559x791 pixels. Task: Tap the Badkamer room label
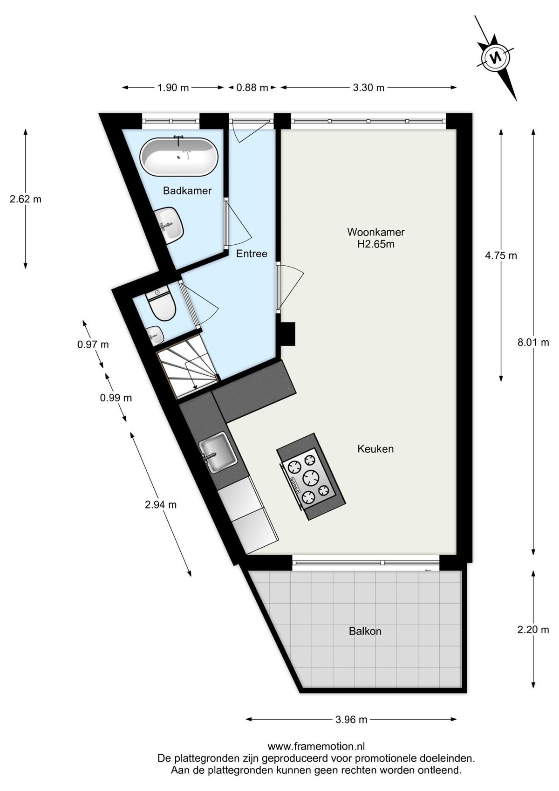(x=187, y=191)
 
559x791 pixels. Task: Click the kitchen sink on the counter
(x=217, y=453)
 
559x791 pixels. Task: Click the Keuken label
(x=375, y=449)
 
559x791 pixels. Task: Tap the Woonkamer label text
(x=376, y=232)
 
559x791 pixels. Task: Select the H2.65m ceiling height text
(x=376, y=244)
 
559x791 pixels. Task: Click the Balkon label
(x=365, y=632)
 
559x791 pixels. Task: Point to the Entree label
(x=252, y=254)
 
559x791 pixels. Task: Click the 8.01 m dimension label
(x=533, y=342)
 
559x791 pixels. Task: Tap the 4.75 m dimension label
(x=501, y=255)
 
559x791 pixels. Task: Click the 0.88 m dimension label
(x=252, y=88)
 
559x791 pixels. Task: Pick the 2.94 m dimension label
(x=161, y=505)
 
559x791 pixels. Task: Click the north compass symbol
(x=496, y=56)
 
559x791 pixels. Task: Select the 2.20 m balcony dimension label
(x=533, y=630)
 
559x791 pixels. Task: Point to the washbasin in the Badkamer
(x=170, y=225)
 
